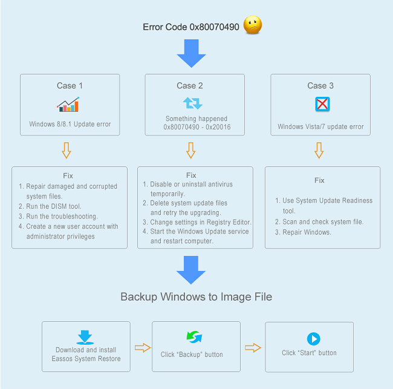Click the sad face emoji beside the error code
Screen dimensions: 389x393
click(x=253, y=25)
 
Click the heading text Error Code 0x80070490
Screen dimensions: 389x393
click(x=190, y=27)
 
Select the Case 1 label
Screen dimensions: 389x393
click(x=70, y=85)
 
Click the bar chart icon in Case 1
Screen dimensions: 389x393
click(x=68, y=105)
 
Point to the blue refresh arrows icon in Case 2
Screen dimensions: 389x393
click(x=192, y=103)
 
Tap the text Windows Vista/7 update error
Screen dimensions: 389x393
click(x=320, y=127)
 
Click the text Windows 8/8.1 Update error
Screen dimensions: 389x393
click(x=70, y=125)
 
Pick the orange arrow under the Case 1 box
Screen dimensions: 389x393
click(x=67, y=150)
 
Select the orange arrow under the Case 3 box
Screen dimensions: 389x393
click(x=319, y=150)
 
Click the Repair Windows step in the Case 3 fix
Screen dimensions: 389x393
click(x=307, y=232)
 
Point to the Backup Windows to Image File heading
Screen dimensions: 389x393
click(x=196, y=296)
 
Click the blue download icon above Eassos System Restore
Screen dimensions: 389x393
click(x=85, y=336)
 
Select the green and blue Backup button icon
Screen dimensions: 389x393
click(x=194, y=337)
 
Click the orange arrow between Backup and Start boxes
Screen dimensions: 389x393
click(x=253, y=348)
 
